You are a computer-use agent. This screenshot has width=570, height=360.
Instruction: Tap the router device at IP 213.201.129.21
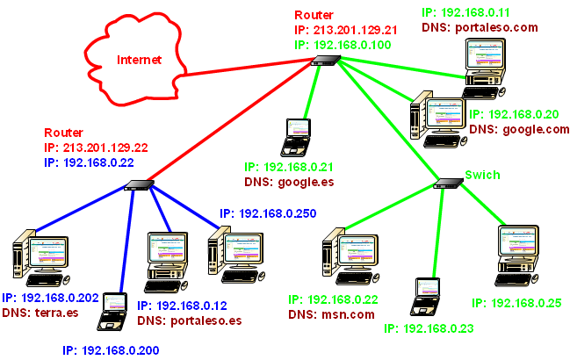pyautogui.click(x=326, y=60)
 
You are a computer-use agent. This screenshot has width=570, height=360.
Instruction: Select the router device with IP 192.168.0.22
pyautogui.click(x=138, y=185)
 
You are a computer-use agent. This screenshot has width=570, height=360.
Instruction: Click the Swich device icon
pyautogui.click(x=449, y=184)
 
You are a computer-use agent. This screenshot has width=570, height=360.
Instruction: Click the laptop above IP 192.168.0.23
pyautogui.click(x=428, y=296)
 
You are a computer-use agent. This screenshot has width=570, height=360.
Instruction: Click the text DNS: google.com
pyautogui.click(x=519, y=129)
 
